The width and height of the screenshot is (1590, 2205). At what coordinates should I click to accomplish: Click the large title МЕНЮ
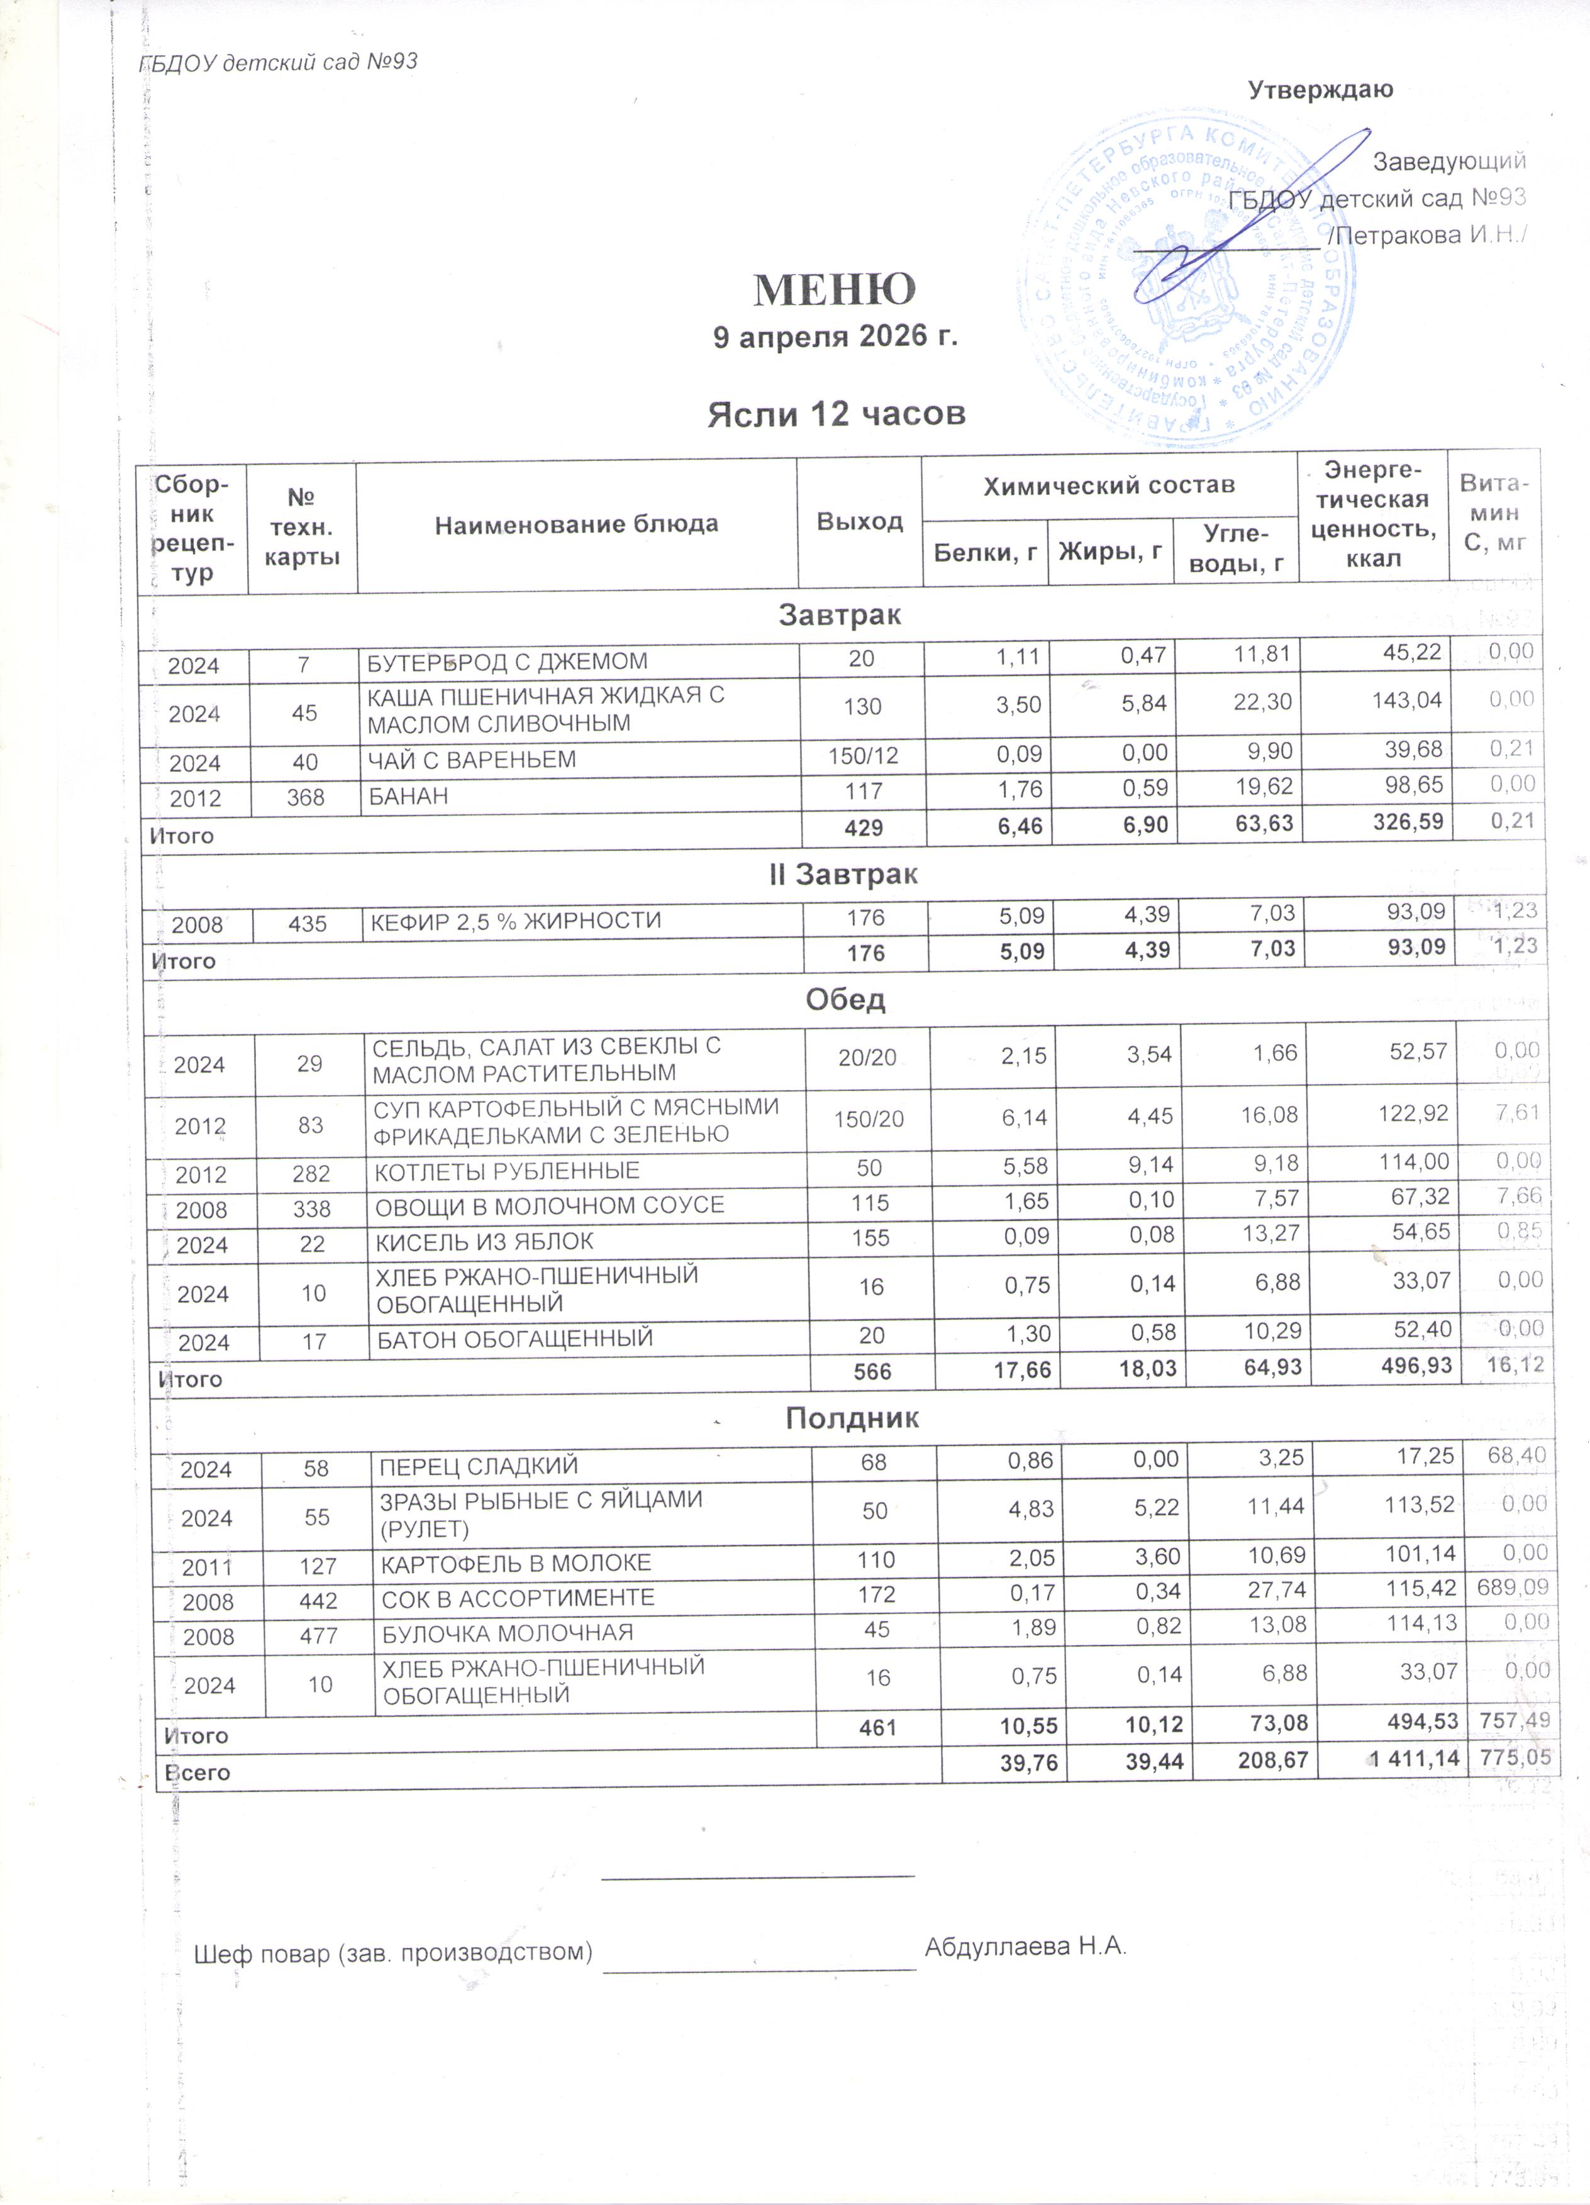835,289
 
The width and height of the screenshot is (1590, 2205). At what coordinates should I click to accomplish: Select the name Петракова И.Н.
1430,235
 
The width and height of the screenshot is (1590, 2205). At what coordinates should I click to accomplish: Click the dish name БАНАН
408,796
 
